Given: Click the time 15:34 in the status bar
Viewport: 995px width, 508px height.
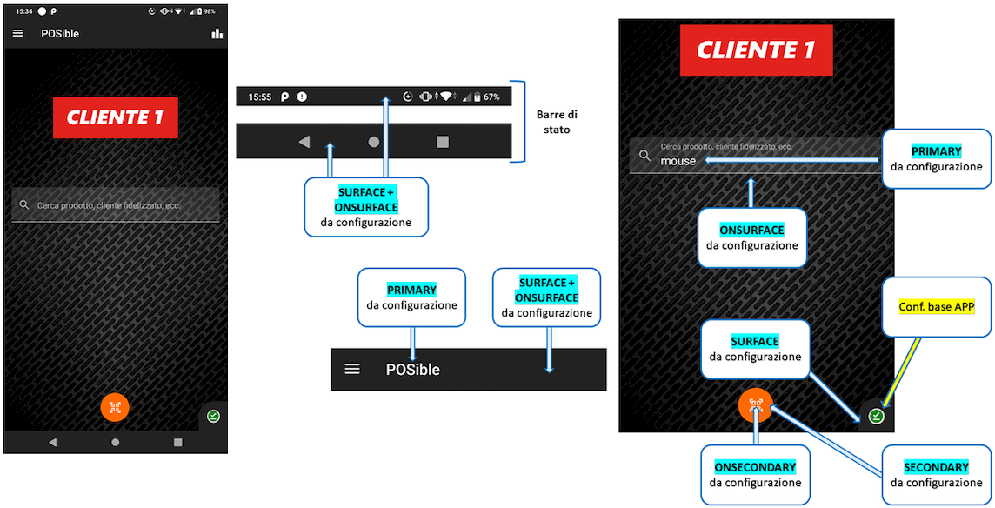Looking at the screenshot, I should pos(23,10).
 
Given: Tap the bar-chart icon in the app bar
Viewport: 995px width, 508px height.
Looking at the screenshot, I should pos(217,33).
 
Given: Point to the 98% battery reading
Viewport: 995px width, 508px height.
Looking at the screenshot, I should pos(210,10).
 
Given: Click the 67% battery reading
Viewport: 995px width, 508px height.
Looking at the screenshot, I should pos(491,97).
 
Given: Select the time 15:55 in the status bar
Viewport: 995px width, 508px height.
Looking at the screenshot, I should pos(260,97).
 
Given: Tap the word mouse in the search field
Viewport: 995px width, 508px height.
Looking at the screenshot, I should pos(678,161).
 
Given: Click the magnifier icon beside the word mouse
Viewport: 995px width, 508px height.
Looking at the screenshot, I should pos(644,156).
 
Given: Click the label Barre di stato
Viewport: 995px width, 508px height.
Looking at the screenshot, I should pos(555,122).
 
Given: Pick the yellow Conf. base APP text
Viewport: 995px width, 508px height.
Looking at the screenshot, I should pos(936,307).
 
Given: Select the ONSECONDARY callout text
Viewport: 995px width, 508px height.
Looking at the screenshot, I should pos(754,467).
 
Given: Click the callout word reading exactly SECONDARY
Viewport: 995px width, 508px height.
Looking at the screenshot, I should pos(936,467).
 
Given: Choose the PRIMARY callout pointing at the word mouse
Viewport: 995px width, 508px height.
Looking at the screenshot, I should pos(936,151).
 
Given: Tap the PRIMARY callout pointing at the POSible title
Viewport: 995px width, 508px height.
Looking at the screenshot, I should pos(411,290).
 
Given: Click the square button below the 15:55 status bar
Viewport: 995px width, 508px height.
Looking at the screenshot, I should pos(442,142).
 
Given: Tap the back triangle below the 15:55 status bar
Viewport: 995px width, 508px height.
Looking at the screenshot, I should pos(304,142).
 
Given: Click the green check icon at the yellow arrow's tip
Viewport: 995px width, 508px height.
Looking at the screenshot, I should pos(877,416).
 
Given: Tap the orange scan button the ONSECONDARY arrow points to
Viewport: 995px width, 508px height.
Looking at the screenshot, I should pos(755,404).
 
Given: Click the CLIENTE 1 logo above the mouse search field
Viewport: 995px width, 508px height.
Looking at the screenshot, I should pos(756,50).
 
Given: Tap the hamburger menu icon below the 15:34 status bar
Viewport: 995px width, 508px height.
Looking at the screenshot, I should pos(18,33).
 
